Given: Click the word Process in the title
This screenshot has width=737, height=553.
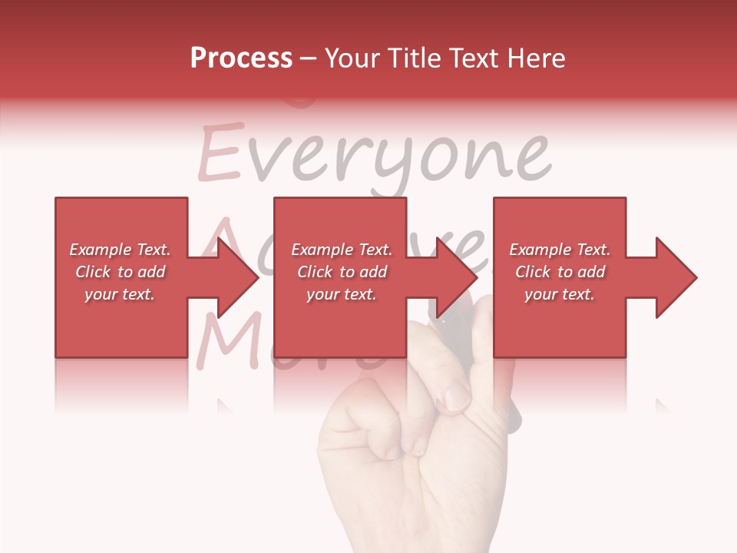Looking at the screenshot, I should pos(241,58).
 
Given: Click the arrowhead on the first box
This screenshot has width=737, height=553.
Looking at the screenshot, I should pos(238,277).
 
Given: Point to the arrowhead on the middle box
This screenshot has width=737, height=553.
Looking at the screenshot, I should pos(458,277).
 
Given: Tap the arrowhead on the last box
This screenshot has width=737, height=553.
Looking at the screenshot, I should pos(676,277).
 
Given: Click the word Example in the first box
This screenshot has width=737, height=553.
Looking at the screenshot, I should pos(101,250).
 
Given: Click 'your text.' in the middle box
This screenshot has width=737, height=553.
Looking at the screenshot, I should pos(341,294).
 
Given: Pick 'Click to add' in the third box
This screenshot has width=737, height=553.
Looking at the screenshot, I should pos(560,272).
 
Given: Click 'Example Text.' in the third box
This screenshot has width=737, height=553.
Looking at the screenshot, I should pos(560,250).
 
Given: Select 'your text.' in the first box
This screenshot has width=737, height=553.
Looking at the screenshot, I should pos(120,294).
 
